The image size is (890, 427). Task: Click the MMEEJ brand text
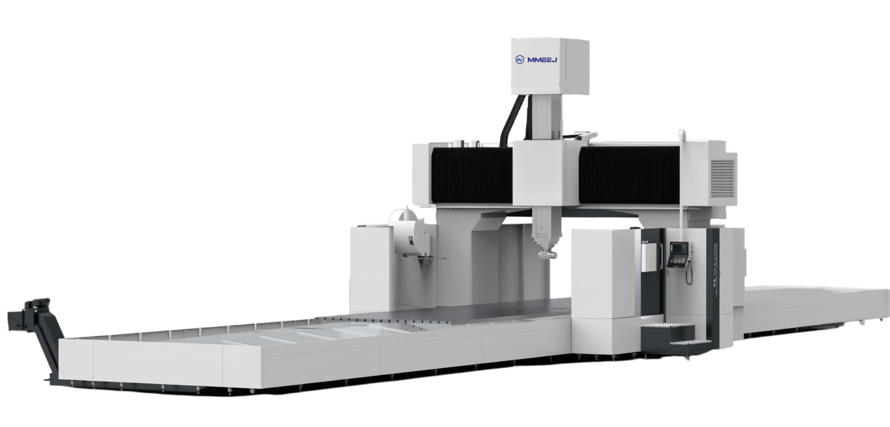[542, 60]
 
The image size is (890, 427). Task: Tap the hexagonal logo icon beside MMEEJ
[520, 60]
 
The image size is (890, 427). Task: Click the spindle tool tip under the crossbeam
[547, 253]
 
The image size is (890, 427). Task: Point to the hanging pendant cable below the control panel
[689, 275]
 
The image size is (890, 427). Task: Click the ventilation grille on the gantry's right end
[722, 178]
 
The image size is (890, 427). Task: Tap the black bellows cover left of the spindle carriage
[472, 175]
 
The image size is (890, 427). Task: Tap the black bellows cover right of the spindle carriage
[629, 175]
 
